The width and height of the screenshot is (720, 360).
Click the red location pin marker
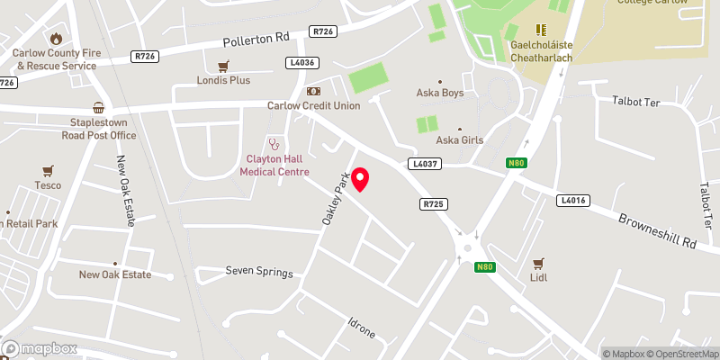pos(361,178)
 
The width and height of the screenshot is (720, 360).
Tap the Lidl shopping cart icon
pos(539,263)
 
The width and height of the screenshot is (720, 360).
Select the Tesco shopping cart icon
pos(49,170)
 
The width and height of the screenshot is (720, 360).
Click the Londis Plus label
pos(223,80)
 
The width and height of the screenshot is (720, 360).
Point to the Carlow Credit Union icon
pos(313,91)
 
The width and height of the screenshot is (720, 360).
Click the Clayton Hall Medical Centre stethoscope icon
pos(274,144)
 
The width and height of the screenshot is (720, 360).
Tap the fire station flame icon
pos(56,38)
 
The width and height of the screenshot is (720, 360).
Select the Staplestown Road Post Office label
pos(98,129)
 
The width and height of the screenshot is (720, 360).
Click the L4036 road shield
pos(302,63)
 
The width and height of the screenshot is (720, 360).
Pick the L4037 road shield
pos(424,164)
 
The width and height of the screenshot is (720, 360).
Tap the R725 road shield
pos(434,204)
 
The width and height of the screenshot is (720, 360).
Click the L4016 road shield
pos(571,200)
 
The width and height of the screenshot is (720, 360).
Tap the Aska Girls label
pos(460,139)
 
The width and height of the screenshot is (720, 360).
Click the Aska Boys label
pos(439,92)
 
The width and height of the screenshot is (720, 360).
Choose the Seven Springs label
pos(259,271)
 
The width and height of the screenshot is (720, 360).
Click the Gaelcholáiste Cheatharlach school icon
pos(542,31)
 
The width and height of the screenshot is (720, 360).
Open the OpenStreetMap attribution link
pos(681,353)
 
